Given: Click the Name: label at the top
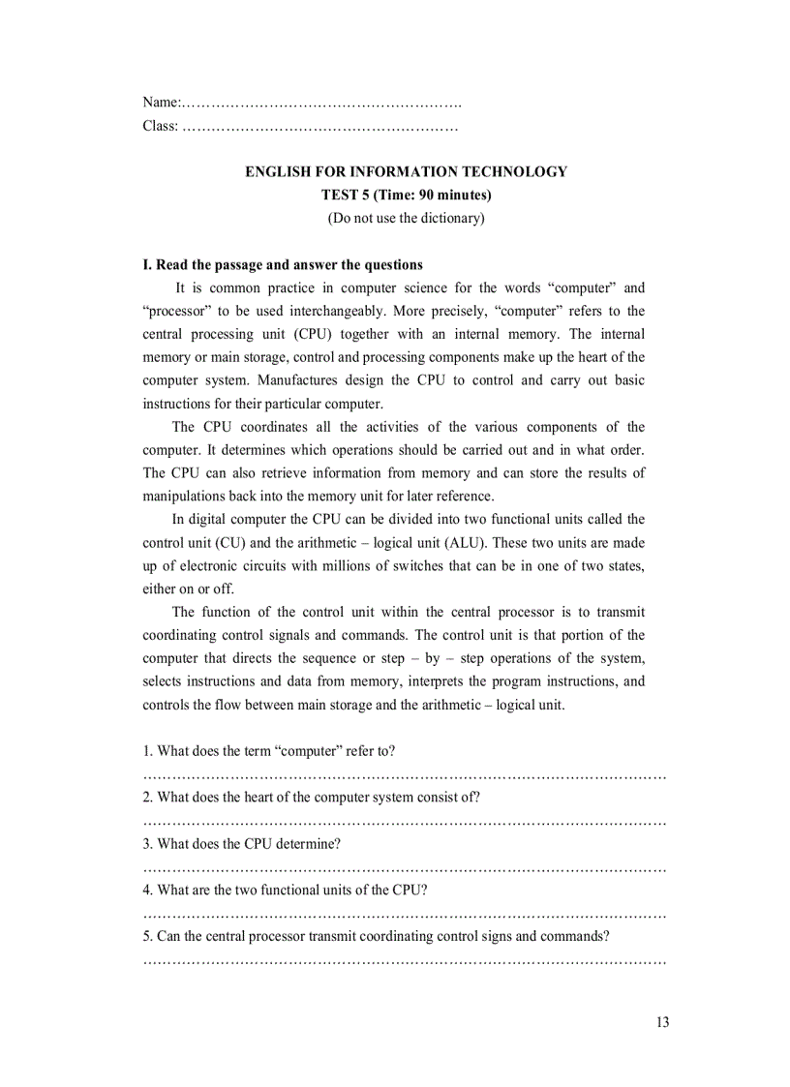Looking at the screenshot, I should [x=161, y=103].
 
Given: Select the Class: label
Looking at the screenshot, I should [x=161, y=126].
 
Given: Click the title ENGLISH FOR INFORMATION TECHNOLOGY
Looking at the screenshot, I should [x=406, y=172].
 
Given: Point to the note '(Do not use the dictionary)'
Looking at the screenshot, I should [x=406, y=219].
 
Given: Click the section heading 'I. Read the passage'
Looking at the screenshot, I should [x=283, y=265].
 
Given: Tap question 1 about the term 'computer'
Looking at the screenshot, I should [x=268, y=751].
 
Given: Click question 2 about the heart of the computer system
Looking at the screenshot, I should [x=311, y=798].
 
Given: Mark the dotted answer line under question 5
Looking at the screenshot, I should [x=405, y=961].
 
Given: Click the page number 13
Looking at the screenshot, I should [x=661, y=1023].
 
